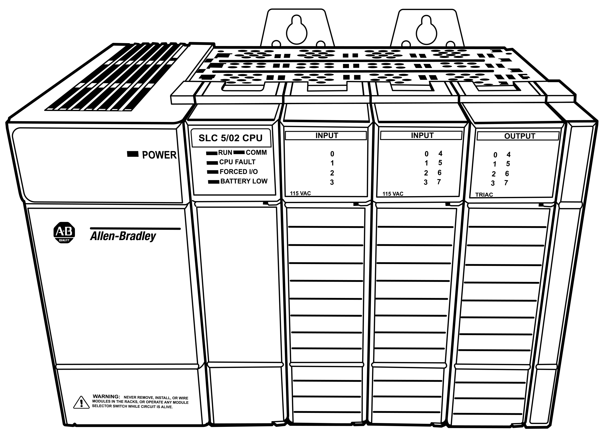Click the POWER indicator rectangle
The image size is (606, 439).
(133, 154)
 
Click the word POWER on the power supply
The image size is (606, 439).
(159, 155)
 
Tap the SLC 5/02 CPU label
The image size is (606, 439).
(231, 138)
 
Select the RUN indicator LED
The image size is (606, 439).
(212, 153)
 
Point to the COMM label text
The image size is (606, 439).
(256, 152)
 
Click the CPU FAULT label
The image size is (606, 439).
(237, 162)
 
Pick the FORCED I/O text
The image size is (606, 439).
(239, 172)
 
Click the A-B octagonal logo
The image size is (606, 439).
(64, 233)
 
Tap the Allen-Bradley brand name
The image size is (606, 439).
(123, 236)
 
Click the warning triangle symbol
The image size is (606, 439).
(81, 402)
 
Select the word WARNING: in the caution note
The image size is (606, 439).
(106, 397)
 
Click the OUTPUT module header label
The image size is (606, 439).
(520, 136)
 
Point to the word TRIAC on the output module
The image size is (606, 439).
(484, 195)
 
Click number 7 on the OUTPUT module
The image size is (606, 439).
(506, 183)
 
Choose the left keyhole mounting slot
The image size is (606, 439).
(297, 30)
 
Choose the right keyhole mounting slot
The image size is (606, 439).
(426, 30)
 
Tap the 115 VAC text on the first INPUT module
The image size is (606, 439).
(300, 193)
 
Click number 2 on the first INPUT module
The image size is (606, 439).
(332, 173)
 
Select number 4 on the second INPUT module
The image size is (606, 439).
(440, 153)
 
